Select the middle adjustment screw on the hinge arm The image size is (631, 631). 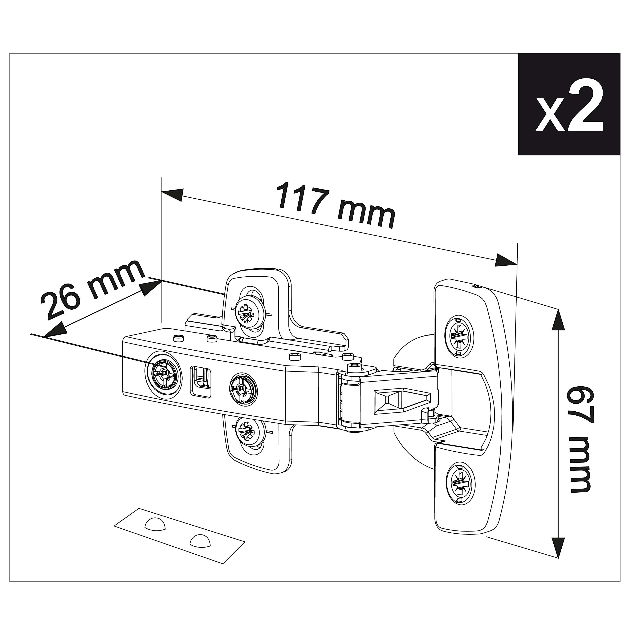(x=243, y=389)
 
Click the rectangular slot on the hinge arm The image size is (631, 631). (x=200, y=381)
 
